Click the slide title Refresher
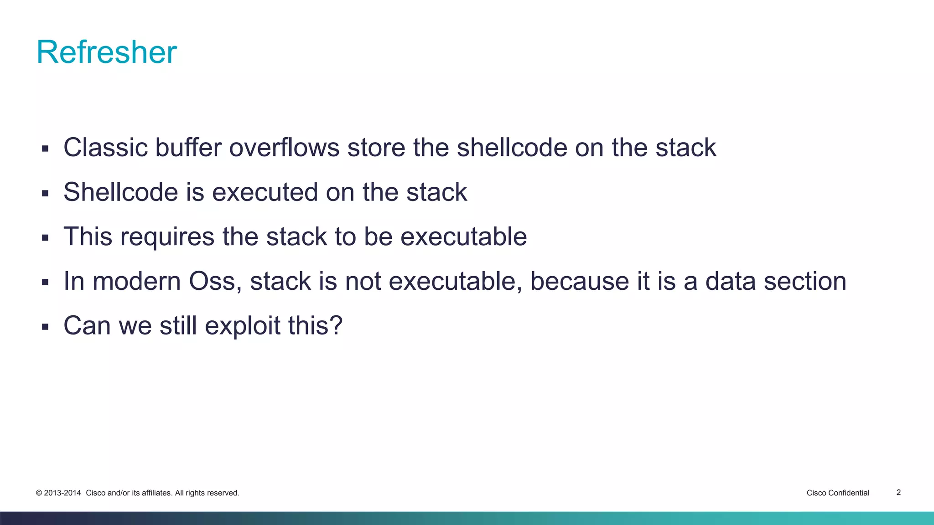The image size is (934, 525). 106,52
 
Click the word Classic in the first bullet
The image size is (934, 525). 105,148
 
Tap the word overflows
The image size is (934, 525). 284,148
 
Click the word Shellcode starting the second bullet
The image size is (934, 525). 120,192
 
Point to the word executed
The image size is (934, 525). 265,192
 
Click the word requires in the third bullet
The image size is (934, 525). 167,237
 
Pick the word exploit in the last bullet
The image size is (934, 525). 242,326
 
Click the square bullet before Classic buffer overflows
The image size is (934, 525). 45,149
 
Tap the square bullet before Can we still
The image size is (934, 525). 45,327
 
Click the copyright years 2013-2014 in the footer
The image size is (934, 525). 62,493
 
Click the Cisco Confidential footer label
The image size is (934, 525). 838,493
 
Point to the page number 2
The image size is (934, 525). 898,492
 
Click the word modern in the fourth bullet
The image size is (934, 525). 137,281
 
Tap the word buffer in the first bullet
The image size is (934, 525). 188,148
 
